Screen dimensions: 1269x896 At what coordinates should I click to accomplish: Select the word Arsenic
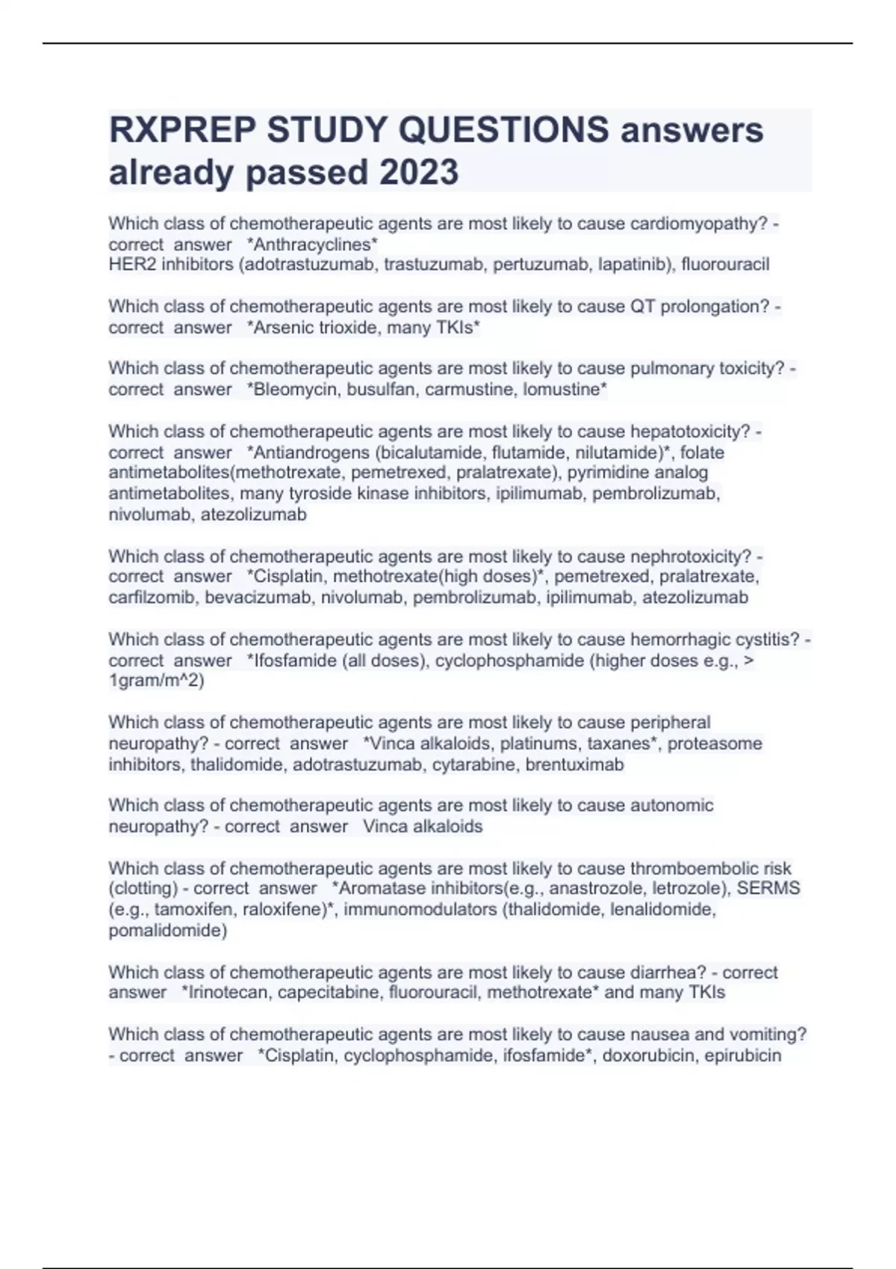(x=285, y=328)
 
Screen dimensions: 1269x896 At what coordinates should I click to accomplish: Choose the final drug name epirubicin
(x=742, y=1056)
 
